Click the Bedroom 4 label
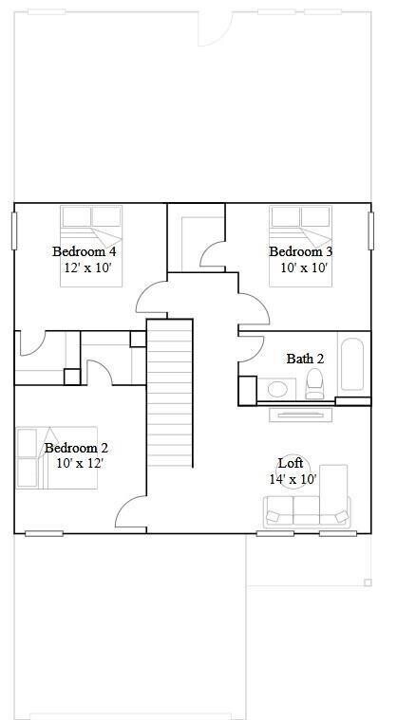pos(84,251)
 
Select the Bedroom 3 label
pos(300,251)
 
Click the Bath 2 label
pos(305,359)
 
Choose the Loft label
pos(291,463)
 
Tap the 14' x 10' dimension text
pos(292,479)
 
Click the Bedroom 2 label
pos(76,448)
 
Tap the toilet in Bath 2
pos(315,383)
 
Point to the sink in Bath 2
pos(278,388)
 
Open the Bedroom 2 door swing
pos(131,514)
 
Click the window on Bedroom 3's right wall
pos(370,231)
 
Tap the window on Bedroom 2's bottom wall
pos(44,533)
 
